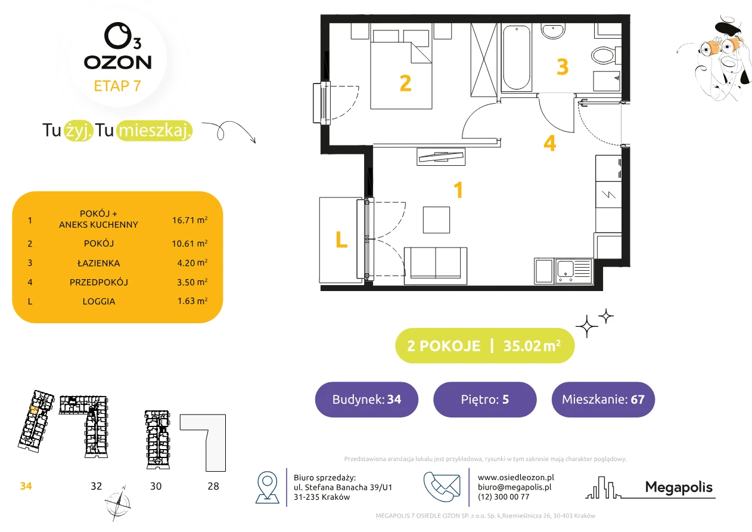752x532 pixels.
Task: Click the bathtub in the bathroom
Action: pyautogui.click(x=516, y=57)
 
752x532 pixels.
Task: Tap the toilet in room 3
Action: pyautogui.click(x=606, y=55)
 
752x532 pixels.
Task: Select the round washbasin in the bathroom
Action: pyautogui.click(x=553, y=31)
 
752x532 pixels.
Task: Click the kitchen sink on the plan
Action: pyautogui.click(x=574, y=271)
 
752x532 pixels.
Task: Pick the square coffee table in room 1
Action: pyautogui.click(x=436, y=220)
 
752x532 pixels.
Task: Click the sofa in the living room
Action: pyautogui.click(x=436, y=266)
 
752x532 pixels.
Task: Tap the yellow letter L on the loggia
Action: pyautogui.click(x=341, y=239)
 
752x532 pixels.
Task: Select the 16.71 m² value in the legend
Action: pyautogui.click(x=189, y=220)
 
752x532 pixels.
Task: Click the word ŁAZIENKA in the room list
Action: pyautogui.click(x=99, y=263)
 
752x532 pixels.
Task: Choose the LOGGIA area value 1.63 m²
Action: pyautogui.click(x=192, y=301)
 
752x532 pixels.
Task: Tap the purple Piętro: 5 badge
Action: pyautogui.click(x=485, y=399)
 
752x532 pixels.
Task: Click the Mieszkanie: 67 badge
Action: pyautogui.click(x=603, y=399)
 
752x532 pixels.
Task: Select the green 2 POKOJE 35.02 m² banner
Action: pyautogui.click(x=485, y=345)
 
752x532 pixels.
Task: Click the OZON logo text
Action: pyautogui.click(x=118, y=63)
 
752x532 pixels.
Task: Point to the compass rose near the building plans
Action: pyautogui.click(x=118, y=504)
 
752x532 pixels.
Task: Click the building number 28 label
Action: pyautogui.click(x=213, y=486)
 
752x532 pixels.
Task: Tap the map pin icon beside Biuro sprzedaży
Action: pyautogui.click(x=267, y=487)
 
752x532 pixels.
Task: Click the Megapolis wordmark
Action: pyautogui.click(x=679, y=487)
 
